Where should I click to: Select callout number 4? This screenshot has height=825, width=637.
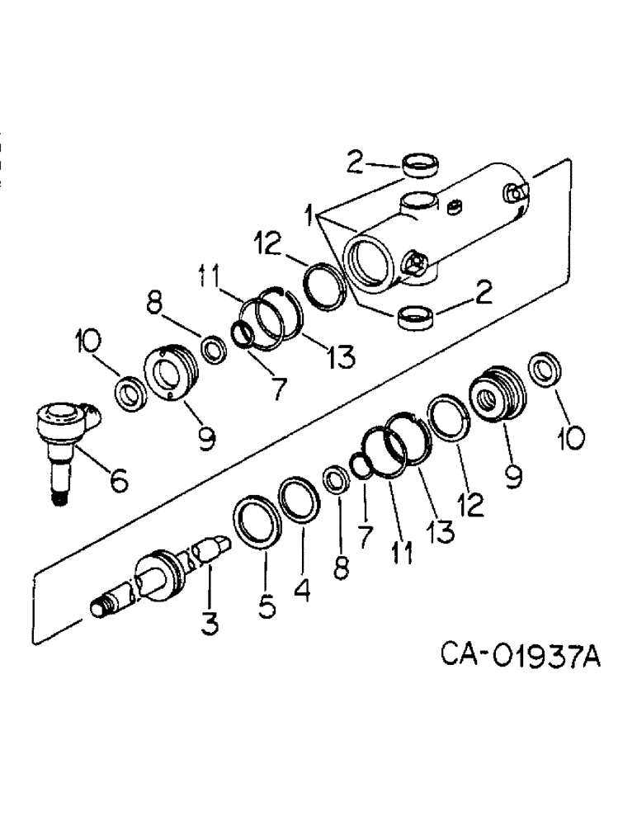point(303,588)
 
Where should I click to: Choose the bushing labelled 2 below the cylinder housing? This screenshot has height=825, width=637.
point(416,317)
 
